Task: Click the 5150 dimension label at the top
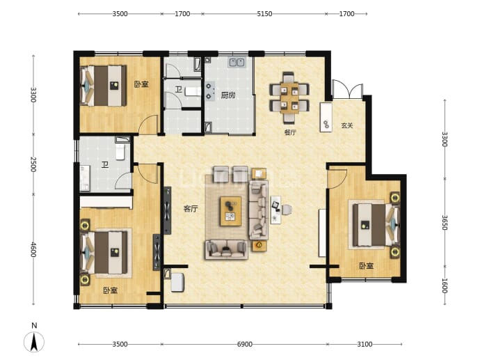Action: [x=264, y=14]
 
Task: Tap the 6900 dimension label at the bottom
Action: [x=245, y=345]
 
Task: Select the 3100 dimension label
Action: [x=365, y=345]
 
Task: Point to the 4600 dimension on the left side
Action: [x=33, y=250]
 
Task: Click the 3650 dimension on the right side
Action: [x=445, y=222]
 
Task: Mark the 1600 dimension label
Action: [x=445, y=285]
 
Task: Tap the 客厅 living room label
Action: [x=191, y=209]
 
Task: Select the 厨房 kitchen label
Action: [x=228, y=95]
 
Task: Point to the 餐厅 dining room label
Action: [x=290, y=132]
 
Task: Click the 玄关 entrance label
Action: [x=347, y=125]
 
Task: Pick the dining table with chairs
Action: [x=289, y=97]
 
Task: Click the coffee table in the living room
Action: [x=230, y=211]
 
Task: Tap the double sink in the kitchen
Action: [x=237, y=62]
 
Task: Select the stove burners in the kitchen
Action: [x=209, y=91]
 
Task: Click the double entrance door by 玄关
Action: [x=347, y=89]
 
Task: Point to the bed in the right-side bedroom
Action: [x=376, y=225]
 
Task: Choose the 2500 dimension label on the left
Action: [x=33, y=164]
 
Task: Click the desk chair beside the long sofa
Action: [x=287, y=210]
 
